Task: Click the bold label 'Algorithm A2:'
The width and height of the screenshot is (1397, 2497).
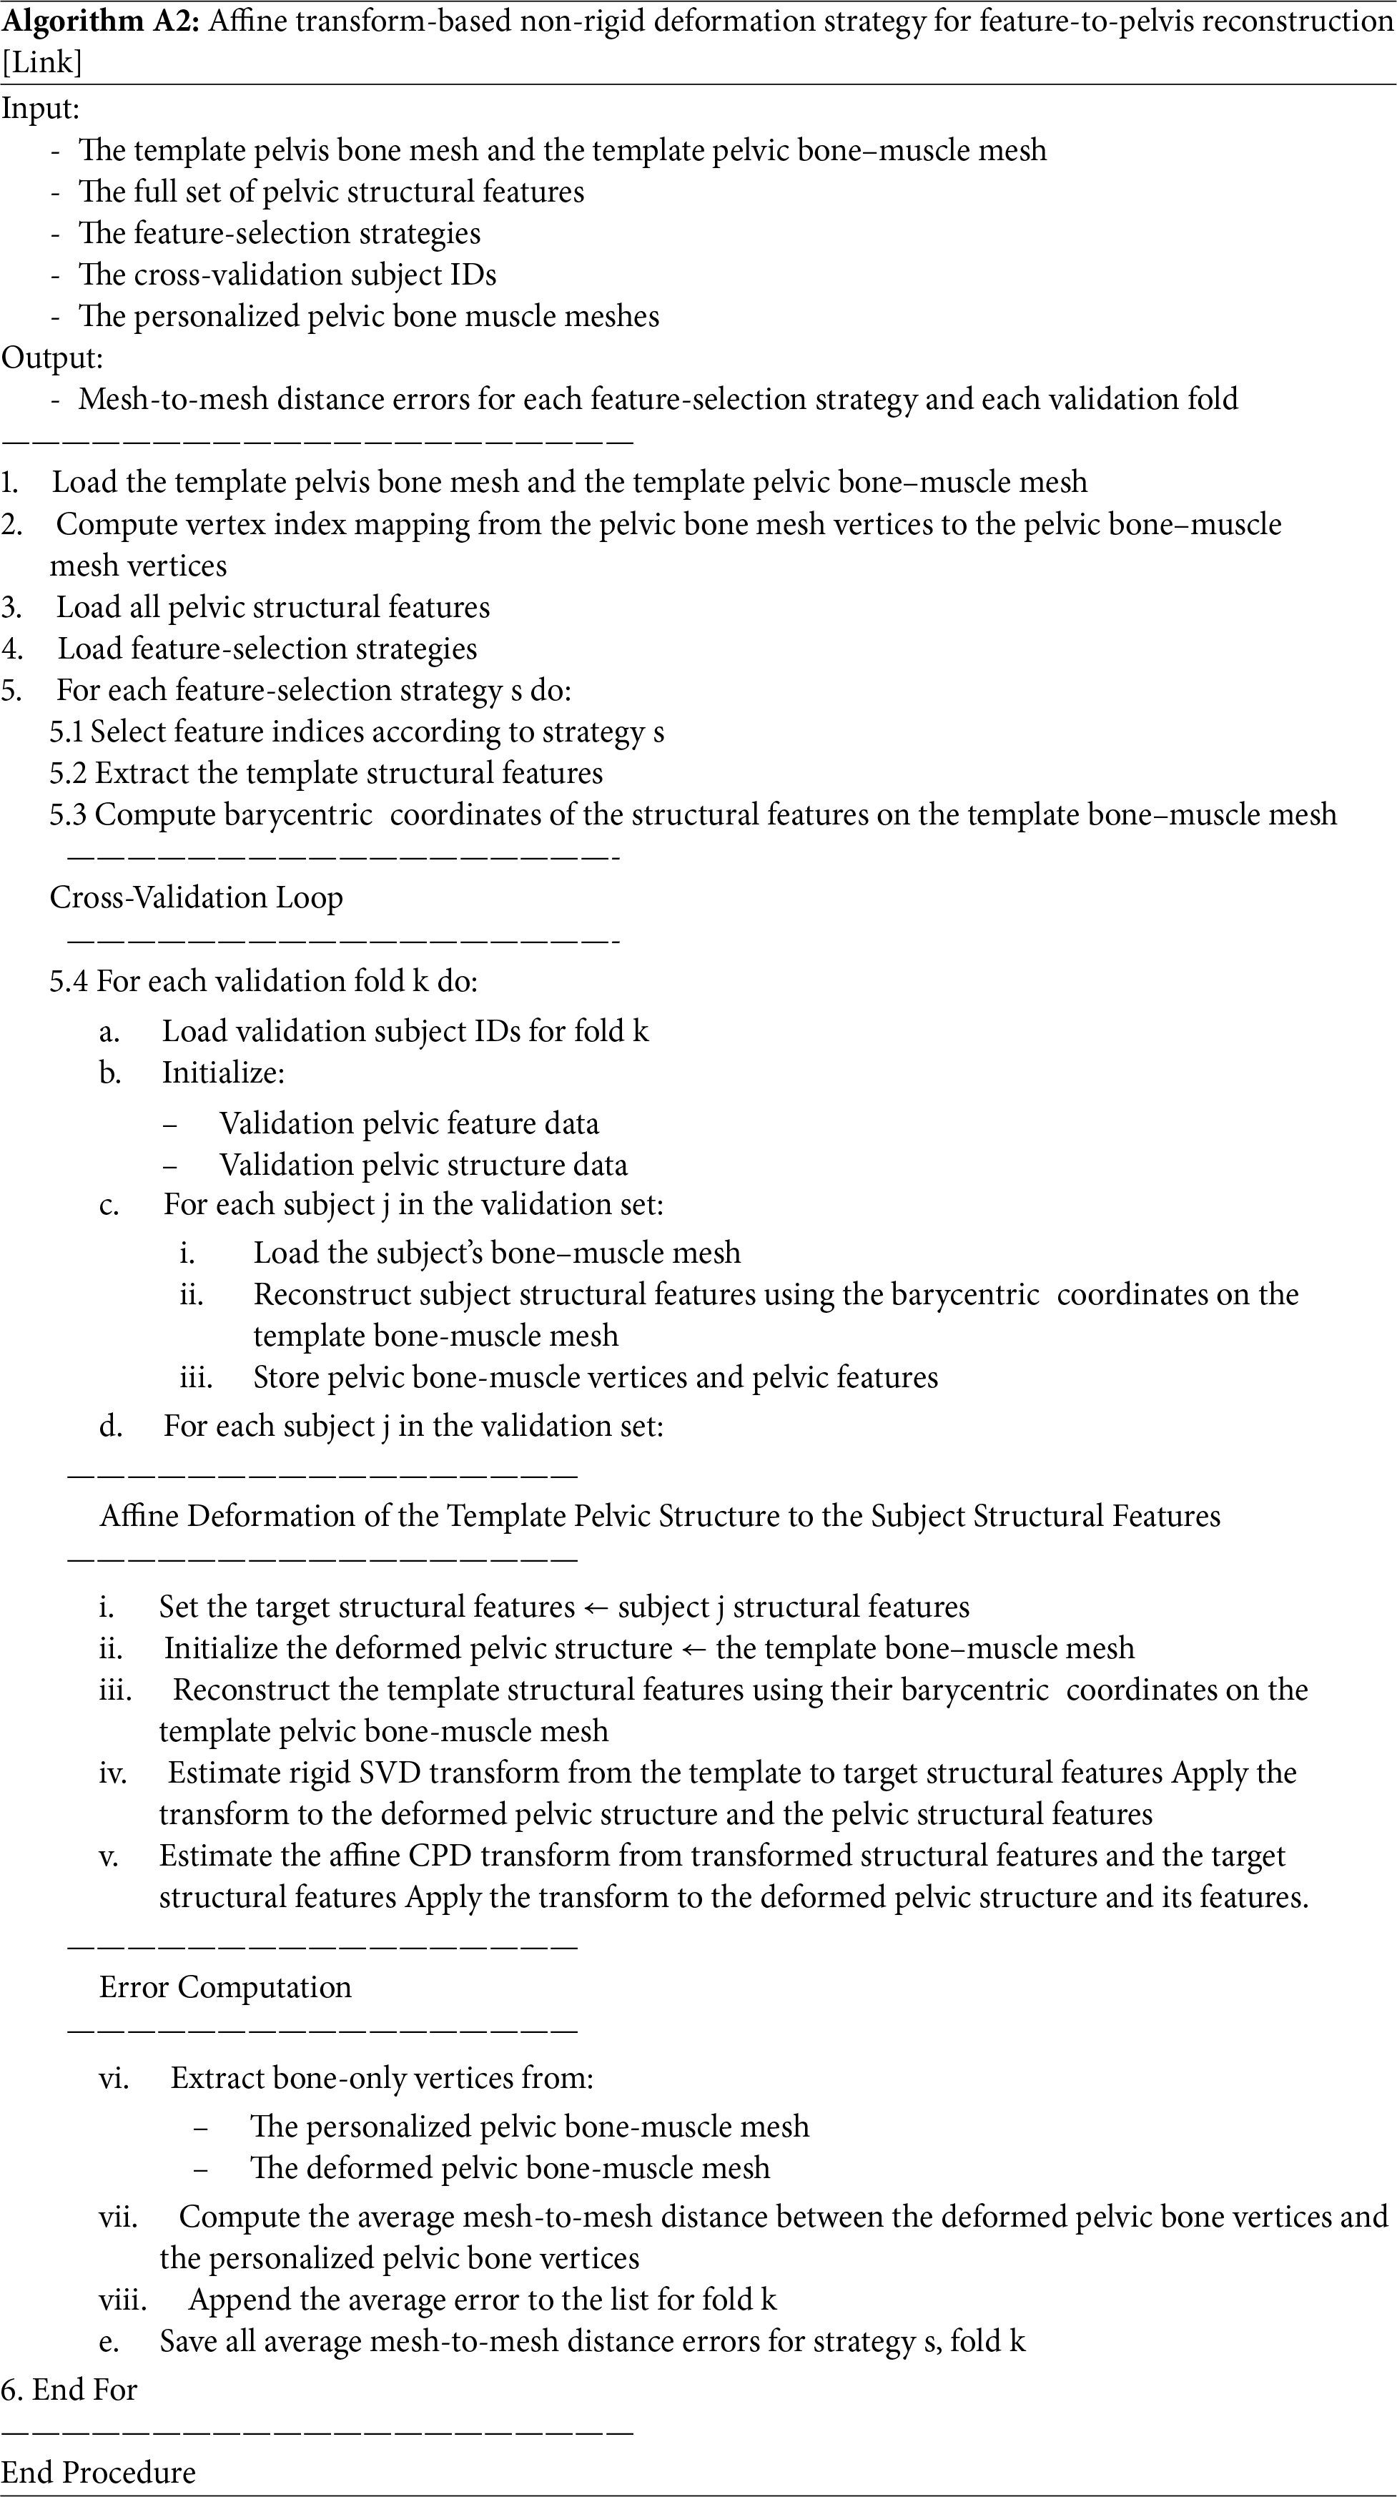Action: pos(101,20)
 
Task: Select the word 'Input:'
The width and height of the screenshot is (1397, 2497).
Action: pos(40,109)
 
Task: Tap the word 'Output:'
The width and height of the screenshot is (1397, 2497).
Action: pos(51,358)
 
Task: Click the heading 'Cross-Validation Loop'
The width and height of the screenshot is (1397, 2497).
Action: pos(196,897)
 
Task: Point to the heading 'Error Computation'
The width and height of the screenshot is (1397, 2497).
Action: pos(225,1987)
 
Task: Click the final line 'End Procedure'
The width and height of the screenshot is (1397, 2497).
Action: pos(98,2472)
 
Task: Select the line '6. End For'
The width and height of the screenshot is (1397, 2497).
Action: pos(69,2390)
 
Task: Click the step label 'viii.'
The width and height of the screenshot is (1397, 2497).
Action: pos(123,2299)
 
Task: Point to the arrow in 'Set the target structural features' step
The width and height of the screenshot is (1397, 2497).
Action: pos(596,1607)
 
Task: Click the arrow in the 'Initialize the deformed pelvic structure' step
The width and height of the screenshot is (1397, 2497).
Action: pos(694,1649)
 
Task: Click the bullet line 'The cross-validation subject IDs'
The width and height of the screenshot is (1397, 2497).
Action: pos(287,275)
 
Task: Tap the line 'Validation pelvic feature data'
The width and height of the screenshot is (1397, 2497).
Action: pos(409,1123)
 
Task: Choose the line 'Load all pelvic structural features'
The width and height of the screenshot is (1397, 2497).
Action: pos(272,608)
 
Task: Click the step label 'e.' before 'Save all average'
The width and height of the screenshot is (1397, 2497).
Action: pos(109,2342)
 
